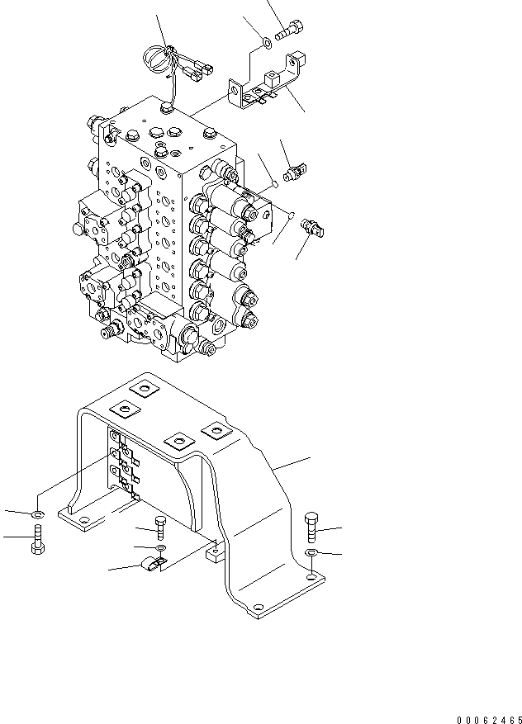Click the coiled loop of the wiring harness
pos(155,59)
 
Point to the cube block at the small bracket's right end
pos(298,60)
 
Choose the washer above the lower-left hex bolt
pos(37,516)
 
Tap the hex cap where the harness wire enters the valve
pos(167,106)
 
